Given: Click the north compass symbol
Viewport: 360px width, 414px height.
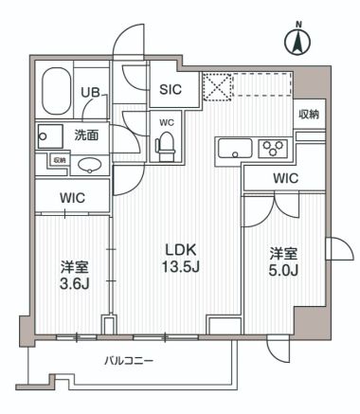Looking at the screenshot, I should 297,40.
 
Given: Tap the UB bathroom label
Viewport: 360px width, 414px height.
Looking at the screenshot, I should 90,92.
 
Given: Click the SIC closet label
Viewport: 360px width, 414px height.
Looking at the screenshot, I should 171,91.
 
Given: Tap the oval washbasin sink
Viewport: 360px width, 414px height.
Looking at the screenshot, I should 91,167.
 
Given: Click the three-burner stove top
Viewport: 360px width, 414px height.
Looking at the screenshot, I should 273,149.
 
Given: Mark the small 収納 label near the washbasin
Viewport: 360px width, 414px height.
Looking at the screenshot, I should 59,160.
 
